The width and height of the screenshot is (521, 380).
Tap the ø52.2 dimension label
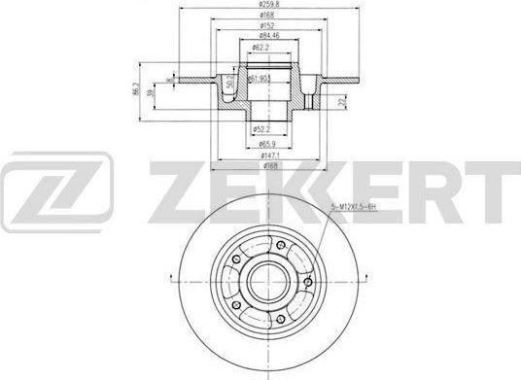point(260,128)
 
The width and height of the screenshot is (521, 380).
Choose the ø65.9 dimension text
point(260,143)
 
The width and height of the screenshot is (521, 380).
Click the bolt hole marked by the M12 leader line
point(307,283)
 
